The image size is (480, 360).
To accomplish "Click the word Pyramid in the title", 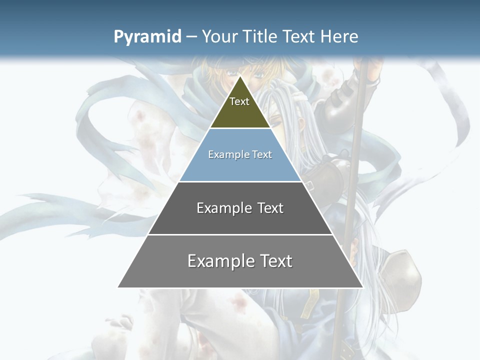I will (147, 36).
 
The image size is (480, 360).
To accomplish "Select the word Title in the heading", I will (259, 36).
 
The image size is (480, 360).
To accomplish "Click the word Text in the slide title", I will (299, 36).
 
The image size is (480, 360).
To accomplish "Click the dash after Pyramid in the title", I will (191, 37).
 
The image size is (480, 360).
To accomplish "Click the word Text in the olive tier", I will (239, 101).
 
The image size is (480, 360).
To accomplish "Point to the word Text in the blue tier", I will (262, 155).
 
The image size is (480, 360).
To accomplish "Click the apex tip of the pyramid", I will (240, 77).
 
